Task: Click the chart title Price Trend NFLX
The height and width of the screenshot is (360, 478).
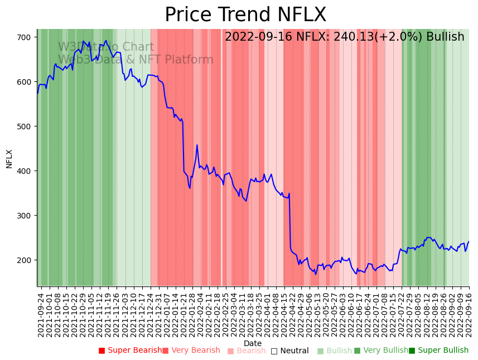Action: tap(245, 15)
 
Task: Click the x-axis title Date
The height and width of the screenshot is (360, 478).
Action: tap(253, 343)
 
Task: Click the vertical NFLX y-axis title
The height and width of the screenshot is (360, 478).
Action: tap(9, 158)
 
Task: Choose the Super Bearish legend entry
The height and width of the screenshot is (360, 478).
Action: tap(130, 351)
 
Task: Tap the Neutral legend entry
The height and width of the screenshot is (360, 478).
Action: tap(289, 351)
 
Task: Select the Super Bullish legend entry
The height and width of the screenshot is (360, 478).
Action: tap(438, 351)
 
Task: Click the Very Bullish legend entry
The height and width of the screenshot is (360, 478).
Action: tap(382, 351)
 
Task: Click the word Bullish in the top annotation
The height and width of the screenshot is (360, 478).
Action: tap(445, 37)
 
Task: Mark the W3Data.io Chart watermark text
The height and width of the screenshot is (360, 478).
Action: tap(106, 47)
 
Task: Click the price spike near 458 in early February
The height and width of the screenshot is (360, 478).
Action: tap(197, 145)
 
